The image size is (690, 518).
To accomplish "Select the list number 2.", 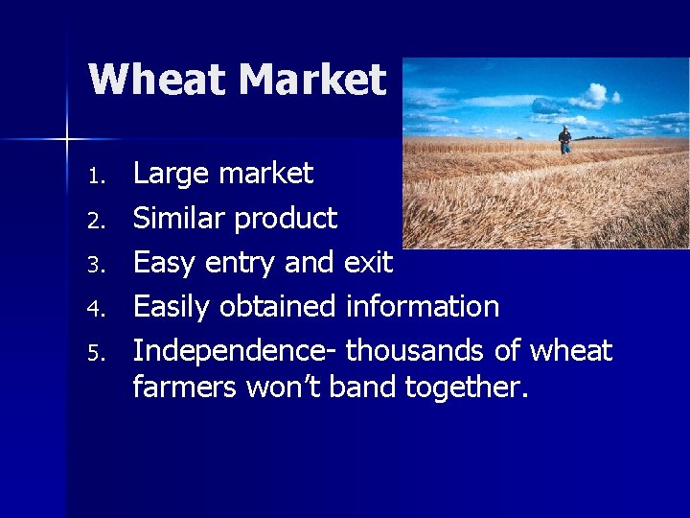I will coord(94,221).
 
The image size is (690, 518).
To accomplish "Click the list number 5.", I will coord(94,353).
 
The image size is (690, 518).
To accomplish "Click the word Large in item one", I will coord(170,174).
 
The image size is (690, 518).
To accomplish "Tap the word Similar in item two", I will coord(178,218).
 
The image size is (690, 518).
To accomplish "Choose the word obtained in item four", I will coord(278,306).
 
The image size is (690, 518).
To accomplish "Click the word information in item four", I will coord(422,306).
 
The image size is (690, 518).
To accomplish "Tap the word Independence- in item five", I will coord(234,351).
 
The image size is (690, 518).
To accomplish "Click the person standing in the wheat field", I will coord(565,140).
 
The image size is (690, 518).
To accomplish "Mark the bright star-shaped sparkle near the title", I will coord(67,140).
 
